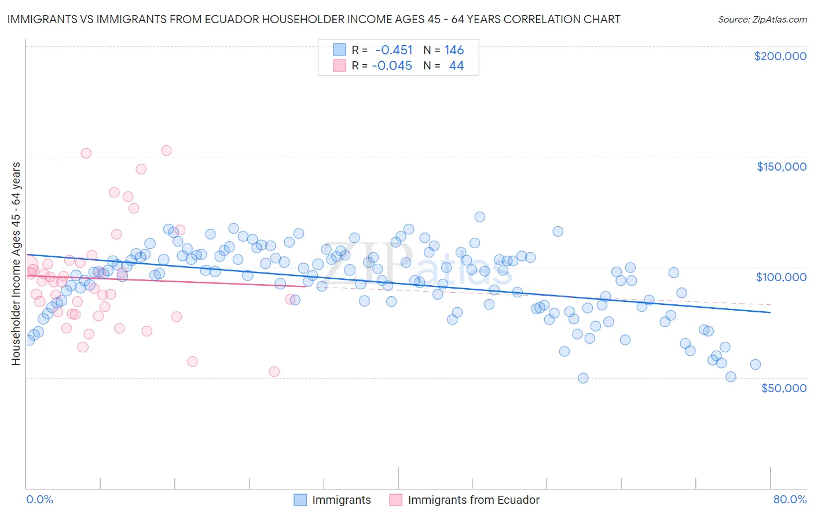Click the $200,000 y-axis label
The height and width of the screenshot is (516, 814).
(x=780, y=56)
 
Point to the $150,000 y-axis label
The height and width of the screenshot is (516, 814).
(x=781, y=167)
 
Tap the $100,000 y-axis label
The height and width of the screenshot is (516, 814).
(x=781, y=277)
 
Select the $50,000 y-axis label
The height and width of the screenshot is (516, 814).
(x=783, y=388)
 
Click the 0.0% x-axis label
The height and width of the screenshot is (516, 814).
(x=40, y=499)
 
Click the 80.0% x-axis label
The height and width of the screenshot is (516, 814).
(x=790, y=499)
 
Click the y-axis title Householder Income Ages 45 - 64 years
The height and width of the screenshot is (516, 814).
(x=16, y=263)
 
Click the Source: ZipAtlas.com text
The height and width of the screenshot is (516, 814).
(x=762, y=19)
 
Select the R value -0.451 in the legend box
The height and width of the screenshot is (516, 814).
(x=394, y=50)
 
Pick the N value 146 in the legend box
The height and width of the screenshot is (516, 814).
(x=454, y=50)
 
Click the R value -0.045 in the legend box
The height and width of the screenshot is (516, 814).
(x=392, y=66)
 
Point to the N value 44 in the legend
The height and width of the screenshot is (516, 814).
(x=456, y=66)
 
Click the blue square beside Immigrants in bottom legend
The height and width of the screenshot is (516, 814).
(x=300, y=500)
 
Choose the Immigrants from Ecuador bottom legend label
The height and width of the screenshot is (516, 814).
(x=473, y=500)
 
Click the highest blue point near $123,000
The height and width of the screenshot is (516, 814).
(x=479, y=217)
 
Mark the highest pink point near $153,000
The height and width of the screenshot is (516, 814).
(x=166, y=150)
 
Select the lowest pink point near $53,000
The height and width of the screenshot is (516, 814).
(x=274, y=371)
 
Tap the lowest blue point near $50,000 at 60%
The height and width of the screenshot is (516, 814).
(x=583, y=378)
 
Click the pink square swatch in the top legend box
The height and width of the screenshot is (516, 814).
(x=339, y=66)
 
